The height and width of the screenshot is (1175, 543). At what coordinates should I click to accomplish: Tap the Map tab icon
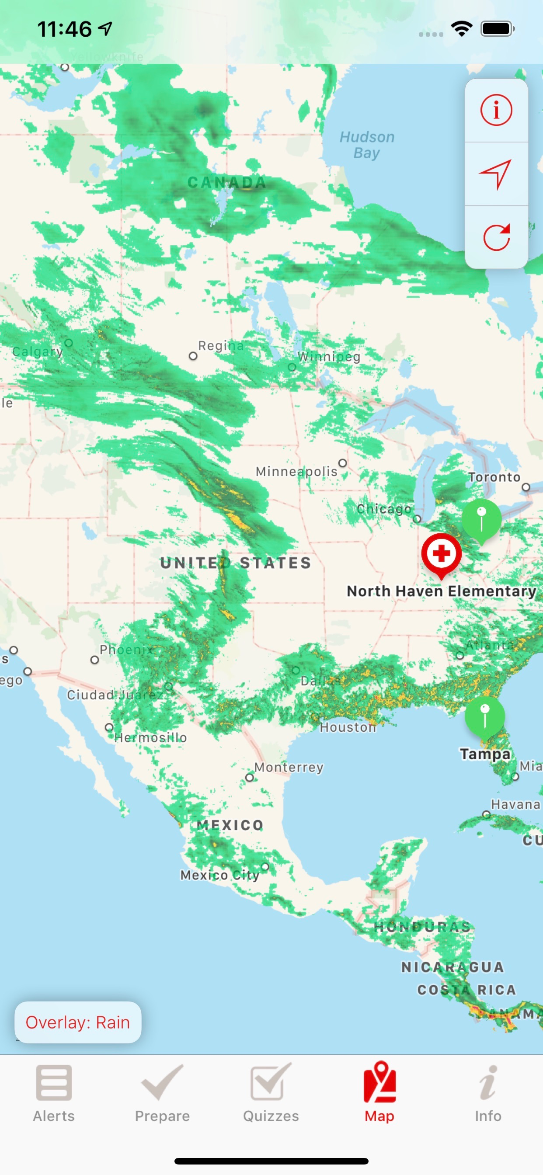click(379, 1082)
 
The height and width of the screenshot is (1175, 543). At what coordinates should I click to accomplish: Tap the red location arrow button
click(496, 174)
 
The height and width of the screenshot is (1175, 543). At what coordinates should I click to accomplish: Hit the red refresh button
click(496, 237)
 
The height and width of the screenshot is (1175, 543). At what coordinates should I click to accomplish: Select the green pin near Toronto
click(481, 519)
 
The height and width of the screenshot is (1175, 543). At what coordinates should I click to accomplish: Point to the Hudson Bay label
click(367, 145)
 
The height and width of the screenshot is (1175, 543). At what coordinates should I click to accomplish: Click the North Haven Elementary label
click(441, 591)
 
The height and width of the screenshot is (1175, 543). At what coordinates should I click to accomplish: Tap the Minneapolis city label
click(296, 471)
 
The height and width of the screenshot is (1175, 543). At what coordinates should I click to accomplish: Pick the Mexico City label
click(220, 875)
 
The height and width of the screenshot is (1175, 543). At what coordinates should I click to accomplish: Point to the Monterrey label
click(289, 767)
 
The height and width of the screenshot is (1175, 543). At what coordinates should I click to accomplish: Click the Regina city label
click(221, 346)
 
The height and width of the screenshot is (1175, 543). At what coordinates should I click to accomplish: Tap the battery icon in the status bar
click(498, 29)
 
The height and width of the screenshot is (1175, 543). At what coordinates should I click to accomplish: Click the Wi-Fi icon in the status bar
click(461, 29)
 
